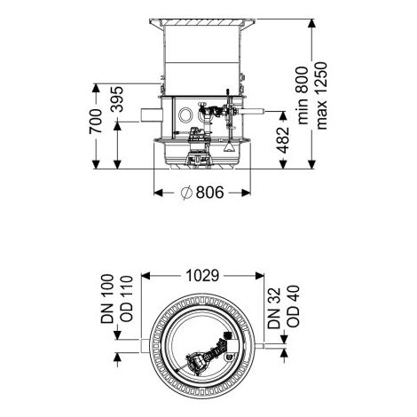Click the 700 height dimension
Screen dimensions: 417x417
[96, 122]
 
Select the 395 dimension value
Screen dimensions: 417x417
[117, 99]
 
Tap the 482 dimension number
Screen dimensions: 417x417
[283, 140]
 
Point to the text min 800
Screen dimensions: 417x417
[303, 96]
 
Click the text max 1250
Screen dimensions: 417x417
[321, 96]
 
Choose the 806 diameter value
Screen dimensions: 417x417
[210, 193]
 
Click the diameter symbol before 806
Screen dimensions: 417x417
[186, 193]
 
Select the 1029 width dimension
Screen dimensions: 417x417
[202, 276]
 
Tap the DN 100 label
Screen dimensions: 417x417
[107, 299]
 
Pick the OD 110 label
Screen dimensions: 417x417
[127, 299]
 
